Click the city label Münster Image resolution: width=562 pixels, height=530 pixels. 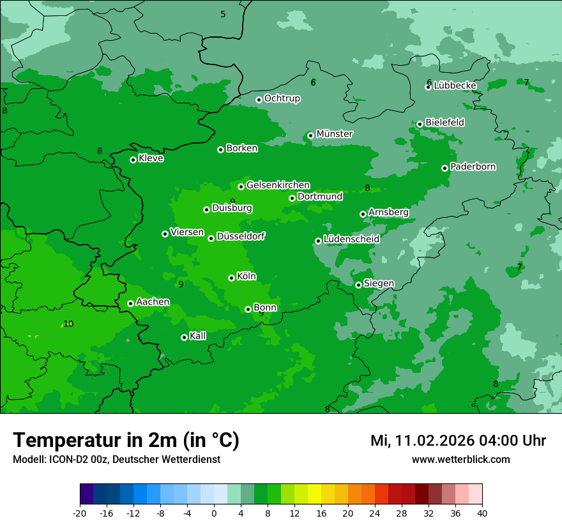tap(335, 134)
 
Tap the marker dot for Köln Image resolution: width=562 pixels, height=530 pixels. tap(231, 278)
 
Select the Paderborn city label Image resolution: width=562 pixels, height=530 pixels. tap(473, 167)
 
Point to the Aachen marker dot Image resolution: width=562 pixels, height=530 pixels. tap(130, 303)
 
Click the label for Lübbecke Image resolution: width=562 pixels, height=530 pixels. tap(455, 86)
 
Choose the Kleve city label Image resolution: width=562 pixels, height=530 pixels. tap(151, 158)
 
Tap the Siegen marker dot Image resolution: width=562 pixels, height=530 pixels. tap(358, 285)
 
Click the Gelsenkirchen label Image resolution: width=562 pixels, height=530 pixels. tap(278, 185)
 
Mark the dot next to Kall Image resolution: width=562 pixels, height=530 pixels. tap(184, 337)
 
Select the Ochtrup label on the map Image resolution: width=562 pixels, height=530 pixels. tap(282, 98)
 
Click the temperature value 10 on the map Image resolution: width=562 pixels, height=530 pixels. tap(68, 324)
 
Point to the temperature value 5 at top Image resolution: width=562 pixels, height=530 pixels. tap(223, 14)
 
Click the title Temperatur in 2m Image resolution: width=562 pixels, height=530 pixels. tap(126, 441)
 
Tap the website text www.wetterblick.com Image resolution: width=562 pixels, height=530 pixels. tap(461, 459)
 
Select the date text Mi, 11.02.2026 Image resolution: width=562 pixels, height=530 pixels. tap(423, 441)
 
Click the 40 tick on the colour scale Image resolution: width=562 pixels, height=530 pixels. tap(482, 513)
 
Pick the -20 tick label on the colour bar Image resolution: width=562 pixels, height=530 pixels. tap(80, 513)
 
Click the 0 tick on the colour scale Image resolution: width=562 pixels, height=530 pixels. tap(214, 513)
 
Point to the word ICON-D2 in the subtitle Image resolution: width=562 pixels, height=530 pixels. tap(64, 459)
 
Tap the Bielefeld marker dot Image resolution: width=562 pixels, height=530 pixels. tap(420, 124)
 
